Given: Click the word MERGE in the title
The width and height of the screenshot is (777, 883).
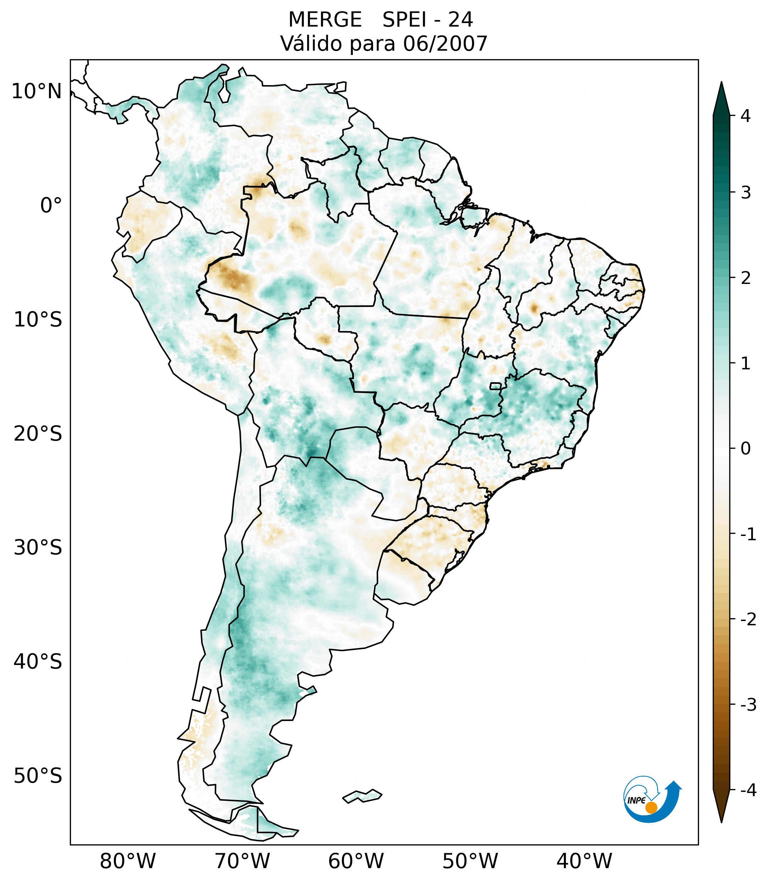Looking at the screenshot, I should pos(324,20).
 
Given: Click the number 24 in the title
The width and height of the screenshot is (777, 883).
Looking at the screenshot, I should pos(460,20).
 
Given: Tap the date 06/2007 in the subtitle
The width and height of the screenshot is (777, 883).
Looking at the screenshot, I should pos(445,44).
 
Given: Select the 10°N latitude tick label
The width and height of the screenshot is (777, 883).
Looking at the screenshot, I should pos(36,91).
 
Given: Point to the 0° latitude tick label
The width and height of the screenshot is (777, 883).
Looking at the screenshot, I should pos(51,206).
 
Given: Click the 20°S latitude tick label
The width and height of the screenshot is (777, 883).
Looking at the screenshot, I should pos(38,434).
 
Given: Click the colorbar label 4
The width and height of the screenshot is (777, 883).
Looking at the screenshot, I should pos(745,116).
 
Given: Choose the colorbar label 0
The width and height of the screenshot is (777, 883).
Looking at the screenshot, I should pos(745,449).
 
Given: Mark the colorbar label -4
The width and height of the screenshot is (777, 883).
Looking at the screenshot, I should pos(748,790).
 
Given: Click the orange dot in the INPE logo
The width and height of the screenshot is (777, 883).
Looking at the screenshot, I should pos(651,807).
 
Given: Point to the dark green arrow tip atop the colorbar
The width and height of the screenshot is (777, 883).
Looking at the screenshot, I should pos(721,97).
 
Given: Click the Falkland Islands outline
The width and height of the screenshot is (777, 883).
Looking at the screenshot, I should pos(362,796).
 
